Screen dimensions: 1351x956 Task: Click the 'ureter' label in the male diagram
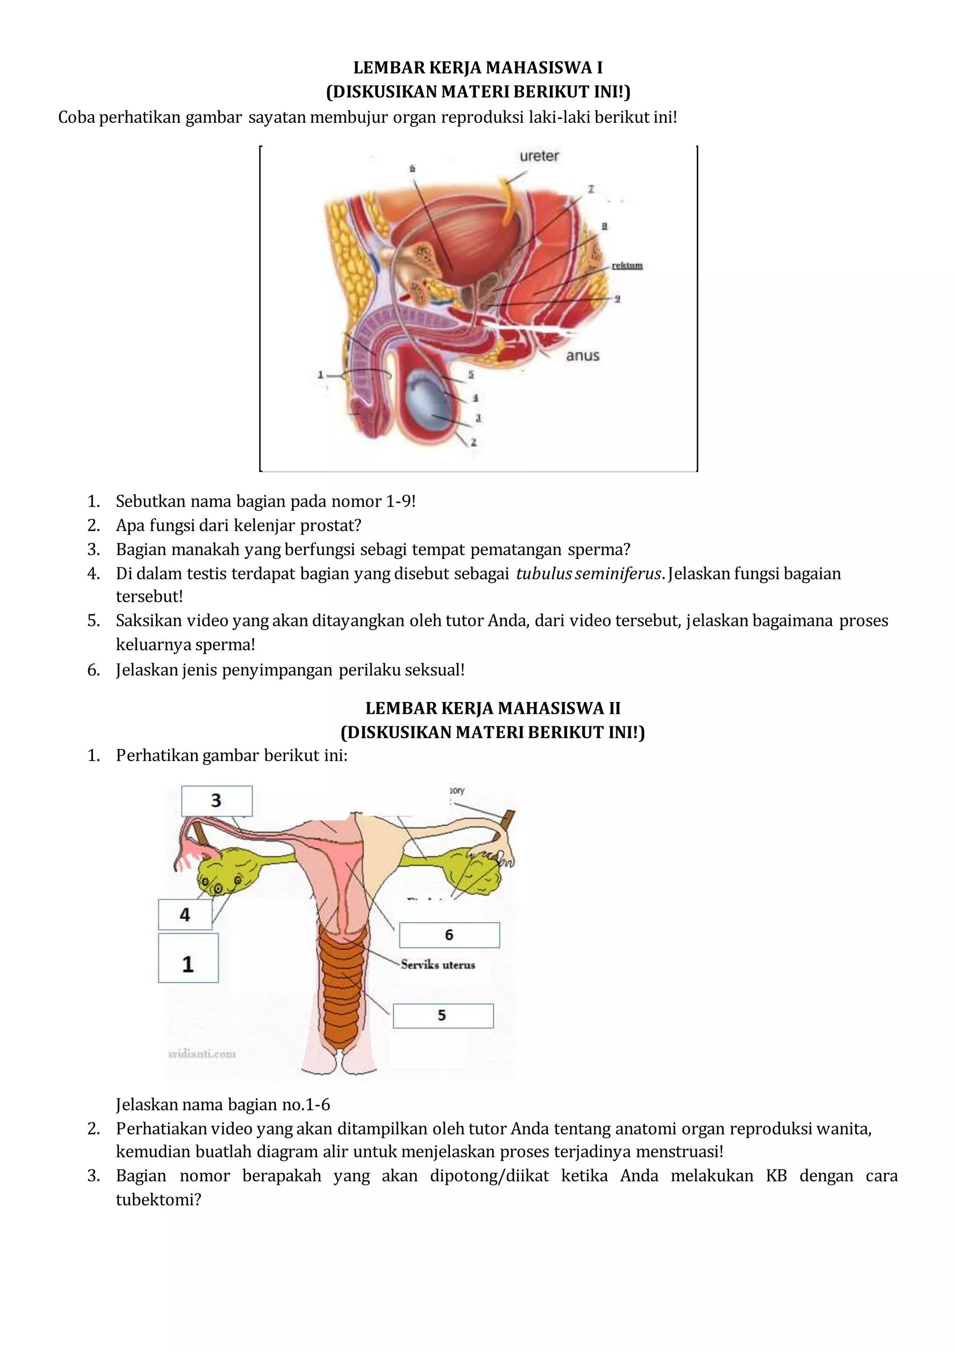click(539, 156)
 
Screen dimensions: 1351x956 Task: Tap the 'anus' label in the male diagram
click(582, 355)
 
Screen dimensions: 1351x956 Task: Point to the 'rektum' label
click(627, 265)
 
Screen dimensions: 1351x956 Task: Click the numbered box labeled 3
click(217, 801)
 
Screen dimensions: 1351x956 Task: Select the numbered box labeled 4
click(185, 914)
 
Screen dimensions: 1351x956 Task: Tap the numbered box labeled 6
click(449, 935)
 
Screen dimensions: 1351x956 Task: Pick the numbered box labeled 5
click(443, 1016)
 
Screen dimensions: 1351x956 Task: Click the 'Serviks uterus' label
click(438, 964)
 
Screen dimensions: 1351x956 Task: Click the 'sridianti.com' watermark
click(202, 1054)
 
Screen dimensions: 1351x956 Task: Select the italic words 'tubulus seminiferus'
click(589, 573)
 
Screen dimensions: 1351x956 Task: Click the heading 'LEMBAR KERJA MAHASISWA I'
click(478, 68)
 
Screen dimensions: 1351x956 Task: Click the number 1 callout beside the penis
click(321, 374)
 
